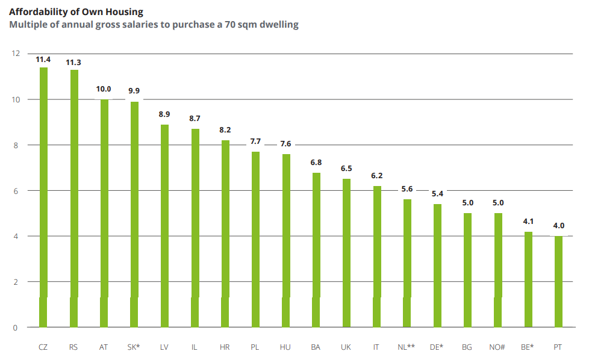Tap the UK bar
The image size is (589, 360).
(x=346, y=253)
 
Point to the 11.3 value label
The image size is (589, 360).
(x=73, y=62)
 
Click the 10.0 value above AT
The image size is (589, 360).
(x=104, y=89)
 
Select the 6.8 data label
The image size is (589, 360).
(x=316, y=163)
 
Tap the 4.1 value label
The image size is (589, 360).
(x=528, y=222)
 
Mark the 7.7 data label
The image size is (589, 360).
(x=255, y=141)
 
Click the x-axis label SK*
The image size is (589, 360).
(x=134, y=347)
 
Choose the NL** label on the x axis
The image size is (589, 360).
(x=407, y=347)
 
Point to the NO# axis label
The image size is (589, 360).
(x=497, y=347)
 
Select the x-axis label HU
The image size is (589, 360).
(x=285, y=347)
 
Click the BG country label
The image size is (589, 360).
(x=467, y=347)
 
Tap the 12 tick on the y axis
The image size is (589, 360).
(x=15, y=54)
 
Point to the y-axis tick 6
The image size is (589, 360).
(x=17, y=191)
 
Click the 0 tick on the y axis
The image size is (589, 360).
(x=17, y=327)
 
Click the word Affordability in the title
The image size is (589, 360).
(x=37, y=11)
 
